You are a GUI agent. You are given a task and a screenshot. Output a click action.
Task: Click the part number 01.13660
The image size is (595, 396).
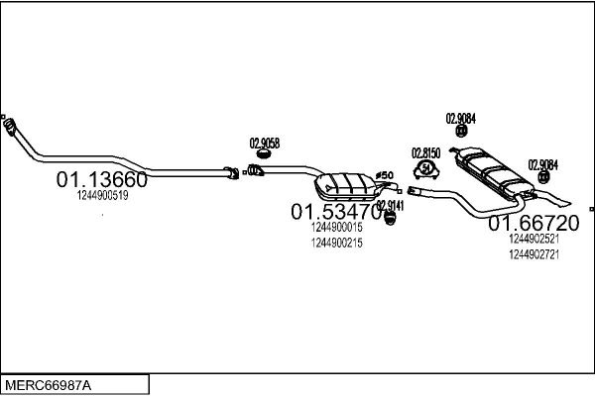coord(101,180)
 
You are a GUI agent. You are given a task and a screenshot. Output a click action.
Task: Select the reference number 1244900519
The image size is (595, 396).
coord(102,196)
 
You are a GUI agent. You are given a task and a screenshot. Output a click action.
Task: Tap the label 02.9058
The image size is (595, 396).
coord(264,143)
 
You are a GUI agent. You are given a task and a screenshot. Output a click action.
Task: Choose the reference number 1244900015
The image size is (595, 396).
coord(336,227)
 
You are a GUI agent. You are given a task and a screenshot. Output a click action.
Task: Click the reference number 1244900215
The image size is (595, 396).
coord(336,243)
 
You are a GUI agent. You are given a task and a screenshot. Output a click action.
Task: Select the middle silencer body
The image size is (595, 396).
coord(344,184)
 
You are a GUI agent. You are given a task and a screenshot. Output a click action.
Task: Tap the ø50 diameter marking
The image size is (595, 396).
coord(386,175)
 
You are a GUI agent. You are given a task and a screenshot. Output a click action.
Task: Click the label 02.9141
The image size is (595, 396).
coord(390,205)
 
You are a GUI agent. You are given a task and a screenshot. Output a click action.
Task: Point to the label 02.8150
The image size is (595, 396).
coord(425,153)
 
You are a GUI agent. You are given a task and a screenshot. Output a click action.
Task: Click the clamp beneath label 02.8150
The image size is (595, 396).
coord(426,170)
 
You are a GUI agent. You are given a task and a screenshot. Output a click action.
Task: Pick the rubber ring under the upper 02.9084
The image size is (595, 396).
coord(460,131)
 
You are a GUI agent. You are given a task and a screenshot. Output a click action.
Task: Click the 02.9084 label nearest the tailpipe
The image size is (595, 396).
coord(542,164)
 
